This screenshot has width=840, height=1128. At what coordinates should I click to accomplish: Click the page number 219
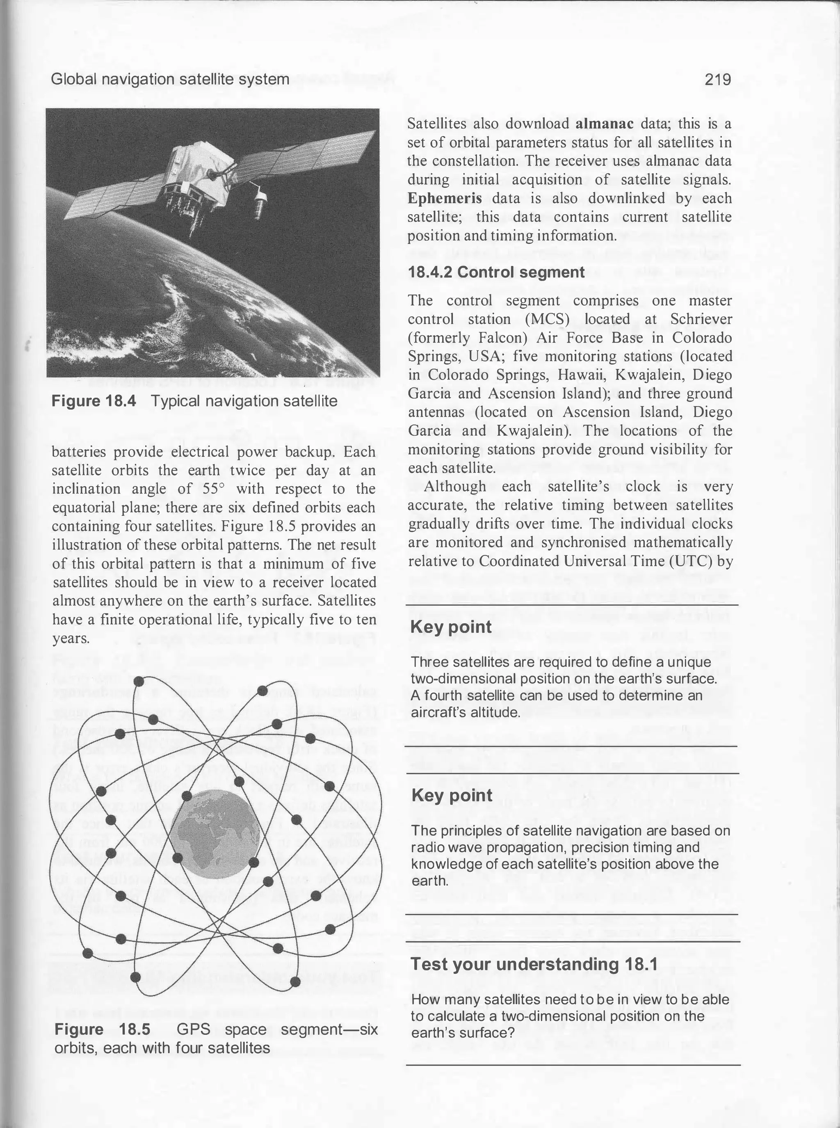(x=717, y=79)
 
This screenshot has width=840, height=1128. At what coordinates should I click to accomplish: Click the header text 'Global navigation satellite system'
(x=170, y=79)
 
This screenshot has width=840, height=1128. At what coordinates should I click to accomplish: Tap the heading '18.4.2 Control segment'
(x=496, y=272)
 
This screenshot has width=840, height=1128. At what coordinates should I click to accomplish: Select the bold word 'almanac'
(x=605, y=124)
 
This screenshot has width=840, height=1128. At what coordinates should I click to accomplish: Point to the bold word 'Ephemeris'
(x=445, y=198)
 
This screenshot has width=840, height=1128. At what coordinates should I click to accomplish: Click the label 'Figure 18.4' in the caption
(x=94, y=401)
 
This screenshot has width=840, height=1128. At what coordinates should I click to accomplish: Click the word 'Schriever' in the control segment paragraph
(x=701, y=319)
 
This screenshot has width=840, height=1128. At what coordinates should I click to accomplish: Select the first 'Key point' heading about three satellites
(x=451, y=627)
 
